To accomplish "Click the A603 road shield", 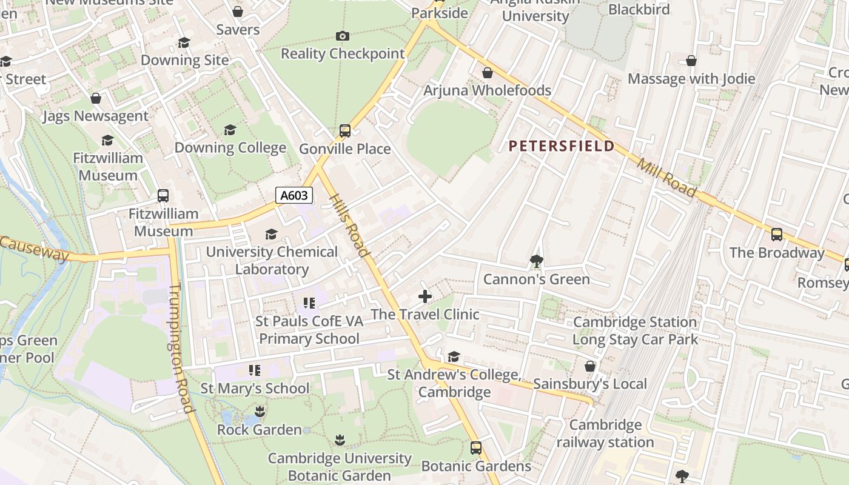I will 294,195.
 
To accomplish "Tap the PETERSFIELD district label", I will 562,146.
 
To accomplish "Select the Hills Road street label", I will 349,226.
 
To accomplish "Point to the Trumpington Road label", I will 181,349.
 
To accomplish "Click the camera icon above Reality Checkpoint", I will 343,36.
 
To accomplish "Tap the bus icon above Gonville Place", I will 345,131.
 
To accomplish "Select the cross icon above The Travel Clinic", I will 425,296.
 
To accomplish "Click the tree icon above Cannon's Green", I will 536,261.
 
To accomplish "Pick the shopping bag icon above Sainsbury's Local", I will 590,366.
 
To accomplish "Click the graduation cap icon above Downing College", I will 230,130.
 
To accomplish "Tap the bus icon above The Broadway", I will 777,235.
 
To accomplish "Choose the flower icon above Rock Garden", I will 260,412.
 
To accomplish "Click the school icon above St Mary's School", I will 255,370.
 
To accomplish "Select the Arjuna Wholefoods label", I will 487,90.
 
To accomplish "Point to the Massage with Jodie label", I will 691,79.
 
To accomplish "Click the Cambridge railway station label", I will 605,433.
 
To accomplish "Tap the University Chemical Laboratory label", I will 272,260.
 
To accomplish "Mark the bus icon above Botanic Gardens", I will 476,448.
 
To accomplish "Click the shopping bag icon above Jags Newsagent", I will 95,98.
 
